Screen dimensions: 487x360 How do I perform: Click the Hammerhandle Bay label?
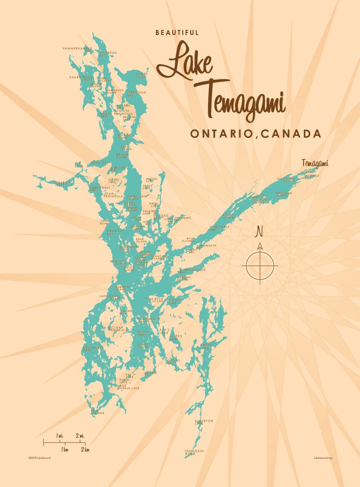(77, 49)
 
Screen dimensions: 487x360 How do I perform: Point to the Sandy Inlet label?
(142, 75)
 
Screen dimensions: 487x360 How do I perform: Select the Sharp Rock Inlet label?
(81, 78)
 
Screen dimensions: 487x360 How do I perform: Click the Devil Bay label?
(99, 162)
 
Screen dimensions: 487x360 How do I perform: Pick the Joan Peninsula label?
(113, 195)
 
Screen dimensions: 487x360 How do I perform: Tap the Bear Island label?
(141, 240)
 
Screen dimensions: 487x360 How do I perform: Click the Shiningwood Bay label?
(192, 271)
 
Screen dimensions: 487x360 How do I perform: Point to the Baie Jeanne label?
(97, 411)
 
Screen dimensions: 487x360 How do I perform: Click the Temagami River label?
(194, 452)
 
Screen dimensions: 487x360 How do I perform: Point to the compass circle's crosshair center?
(260, 265)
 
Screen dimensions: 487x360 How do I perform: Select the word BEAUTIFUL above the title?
(177, 33)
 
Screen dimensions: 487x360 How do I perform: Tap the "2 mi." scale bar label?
(80, 436)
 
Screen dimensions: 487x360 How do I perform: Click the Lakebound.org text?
(323, 458)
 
